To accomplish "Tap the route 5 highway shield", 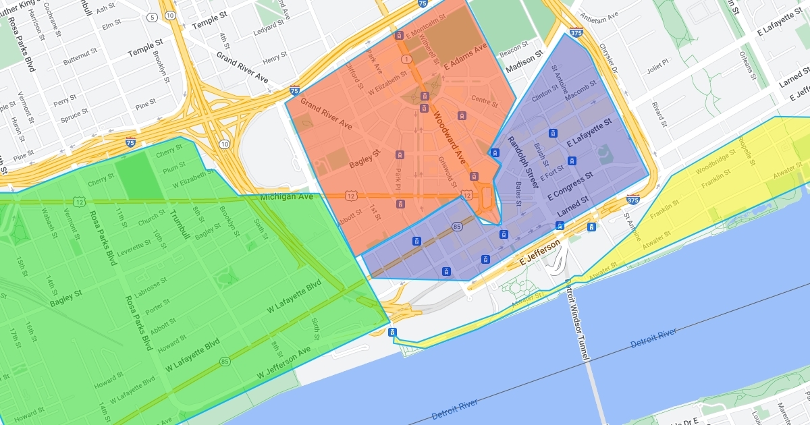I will coord(153,17).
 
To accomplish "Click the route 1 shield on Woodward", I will coord(406,60).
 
